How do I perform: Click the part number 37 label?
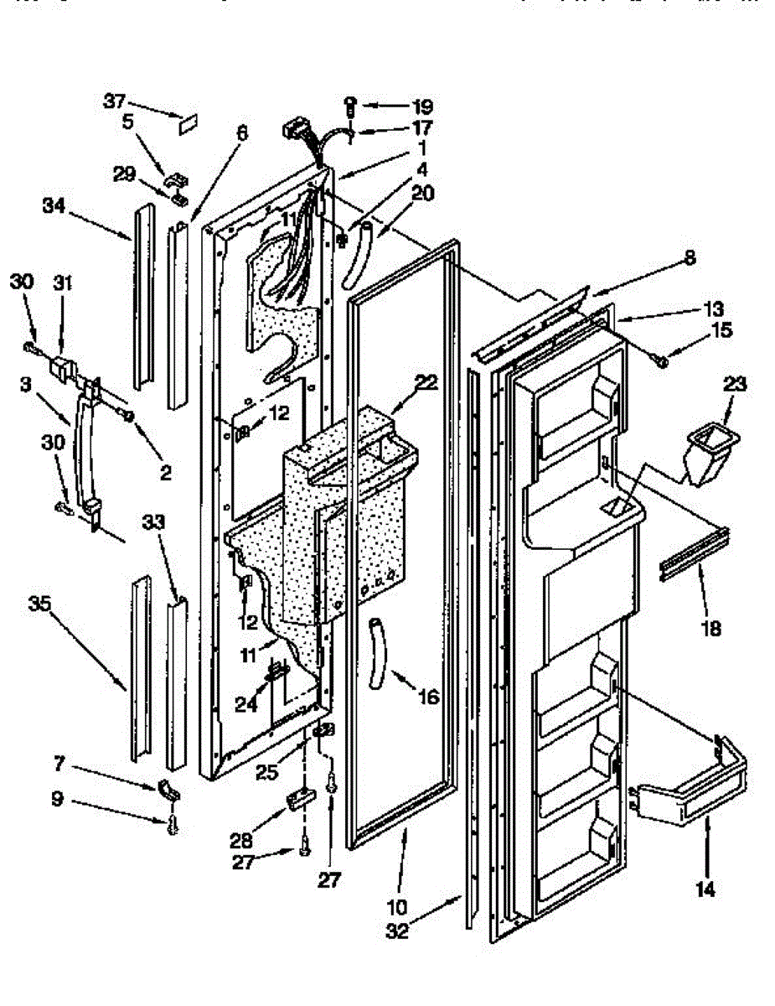[114, 101]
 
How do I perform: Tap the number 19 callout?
[422, 106]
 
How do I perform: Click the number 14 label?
[705, 889]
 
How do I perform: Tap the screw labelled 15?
[661, 360]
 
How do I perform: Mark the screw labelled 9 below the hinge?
[173, 826]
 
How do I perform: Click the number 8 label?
[689, 259]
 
